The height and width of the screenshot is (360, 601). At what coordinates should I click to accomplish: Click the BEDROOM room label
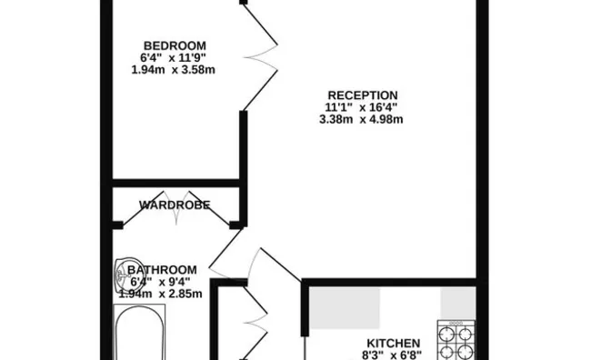[175, 45]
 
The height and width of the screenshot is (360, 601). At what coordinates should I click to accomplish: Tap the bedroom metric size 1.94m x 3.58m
[175, 71]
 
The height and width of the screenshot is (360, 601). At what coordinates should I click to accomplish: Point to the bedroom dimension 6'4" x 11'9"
[175, 58]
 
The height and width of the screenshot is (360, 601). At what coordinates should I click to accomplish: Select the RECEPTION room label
[362, 95]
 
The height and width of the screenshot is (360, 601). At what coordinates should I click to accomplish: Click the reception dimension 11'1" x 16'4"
[362, 106]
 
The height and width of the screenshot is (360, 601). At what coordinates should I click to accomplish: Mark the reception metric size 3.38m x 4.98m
[362, 119]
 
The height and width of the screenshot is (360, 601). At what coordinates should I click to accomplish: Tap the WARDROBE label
[175, 205]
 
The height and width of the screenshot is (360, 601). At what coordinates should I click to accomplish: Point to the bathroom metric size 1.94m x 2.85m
[160, 294]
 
